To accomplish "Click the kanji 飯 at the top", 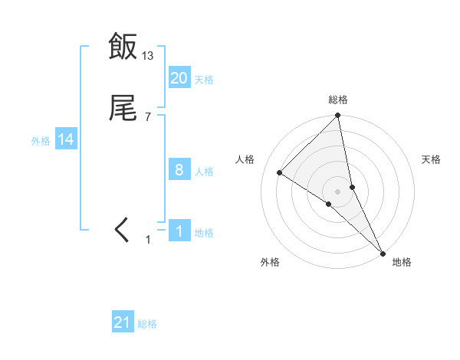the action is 123,47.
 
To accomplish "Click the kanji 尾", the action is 123,110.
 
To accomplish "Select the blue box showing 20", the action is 179,78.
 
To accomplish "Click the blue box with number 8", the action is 179,170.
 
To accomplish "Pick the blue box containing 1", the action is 179,231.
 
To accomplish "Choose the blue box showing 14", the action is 65,139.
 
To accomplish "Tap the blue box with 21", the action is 123,323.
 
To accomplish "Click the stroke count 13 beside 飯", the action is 148,55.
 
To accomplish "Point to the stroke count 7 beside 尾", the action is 148,117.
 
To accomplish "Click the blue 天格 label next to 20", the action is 204,79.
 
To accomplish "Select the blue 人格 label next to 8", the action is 204,171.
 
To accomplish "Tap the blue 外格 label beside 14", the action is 41,140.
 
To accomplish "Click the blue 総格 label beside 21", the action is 147,324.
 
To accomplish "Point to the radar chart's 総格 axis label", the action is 338,100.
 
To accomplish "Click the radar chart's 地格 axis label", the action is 402,263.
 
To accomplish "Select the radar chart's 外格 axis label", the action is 270,263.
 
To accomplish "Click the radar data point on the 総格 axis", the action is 338,116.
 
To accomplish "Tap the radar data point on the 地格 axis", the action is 383,253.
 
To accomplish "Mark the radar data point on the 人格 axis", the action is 280,172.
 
